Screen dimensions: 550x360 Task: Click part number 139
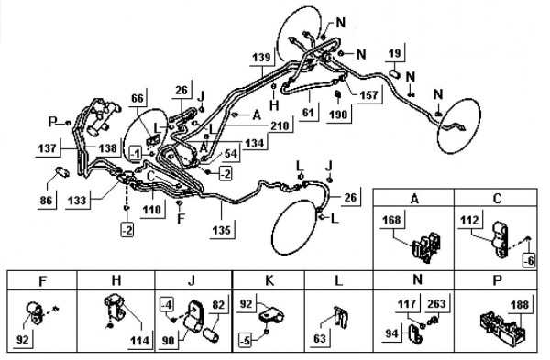(261, 57)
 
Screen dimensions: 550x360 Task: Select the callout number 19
(395, 53)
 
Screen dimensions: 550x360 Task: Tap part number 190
(338, 115)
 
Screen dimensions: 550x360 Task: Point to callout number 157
(369, 94)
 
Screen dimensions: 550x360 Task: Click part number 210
(281, 125)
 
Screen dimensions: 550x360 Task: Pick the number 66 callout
(137, 98)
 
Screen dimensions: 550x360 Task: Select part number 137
(47, 148)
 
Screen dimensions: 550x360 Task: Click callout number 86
(46, 201)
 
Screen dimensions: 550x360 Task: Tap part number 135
(221, 230)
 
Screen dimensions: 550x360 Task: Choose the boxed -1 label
(136, 153)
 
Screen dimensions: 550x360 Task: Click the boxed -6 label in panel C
(529, 260)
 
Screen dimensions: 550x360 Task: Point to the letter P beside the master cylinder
(52, 122)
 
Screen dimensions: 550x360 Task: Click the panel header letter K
(269, 281)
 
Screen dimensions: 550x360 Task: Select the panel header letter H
(116, 280)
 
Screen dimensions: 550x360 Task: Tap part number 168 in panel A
(391, 220)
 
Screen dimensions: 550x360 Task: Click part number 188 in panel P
(520, 304)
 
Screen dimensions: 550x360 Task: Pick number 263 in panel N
(436, 303)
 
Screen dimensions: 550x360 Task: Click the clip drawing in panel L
(341, 317)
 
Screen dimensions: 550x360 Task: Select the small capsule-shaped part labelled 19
(395, 74)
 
